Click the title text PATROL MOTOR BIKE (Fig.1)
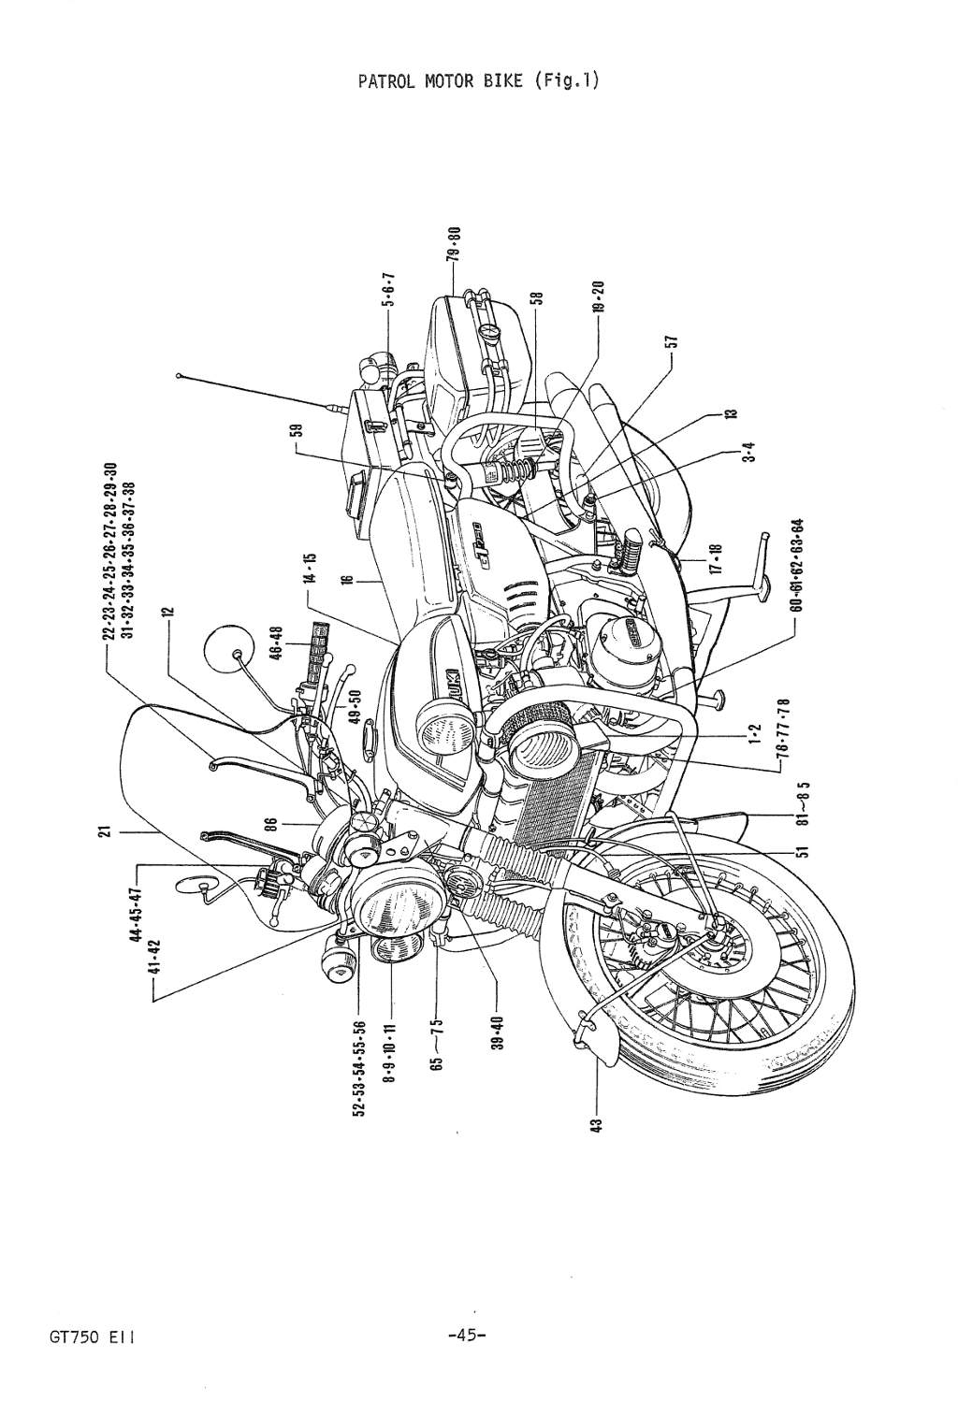click(x=478, y=80)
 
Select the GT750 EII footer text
click(x=94, y=1336)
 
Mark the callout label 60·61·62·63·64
click(x=797, y=567)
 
